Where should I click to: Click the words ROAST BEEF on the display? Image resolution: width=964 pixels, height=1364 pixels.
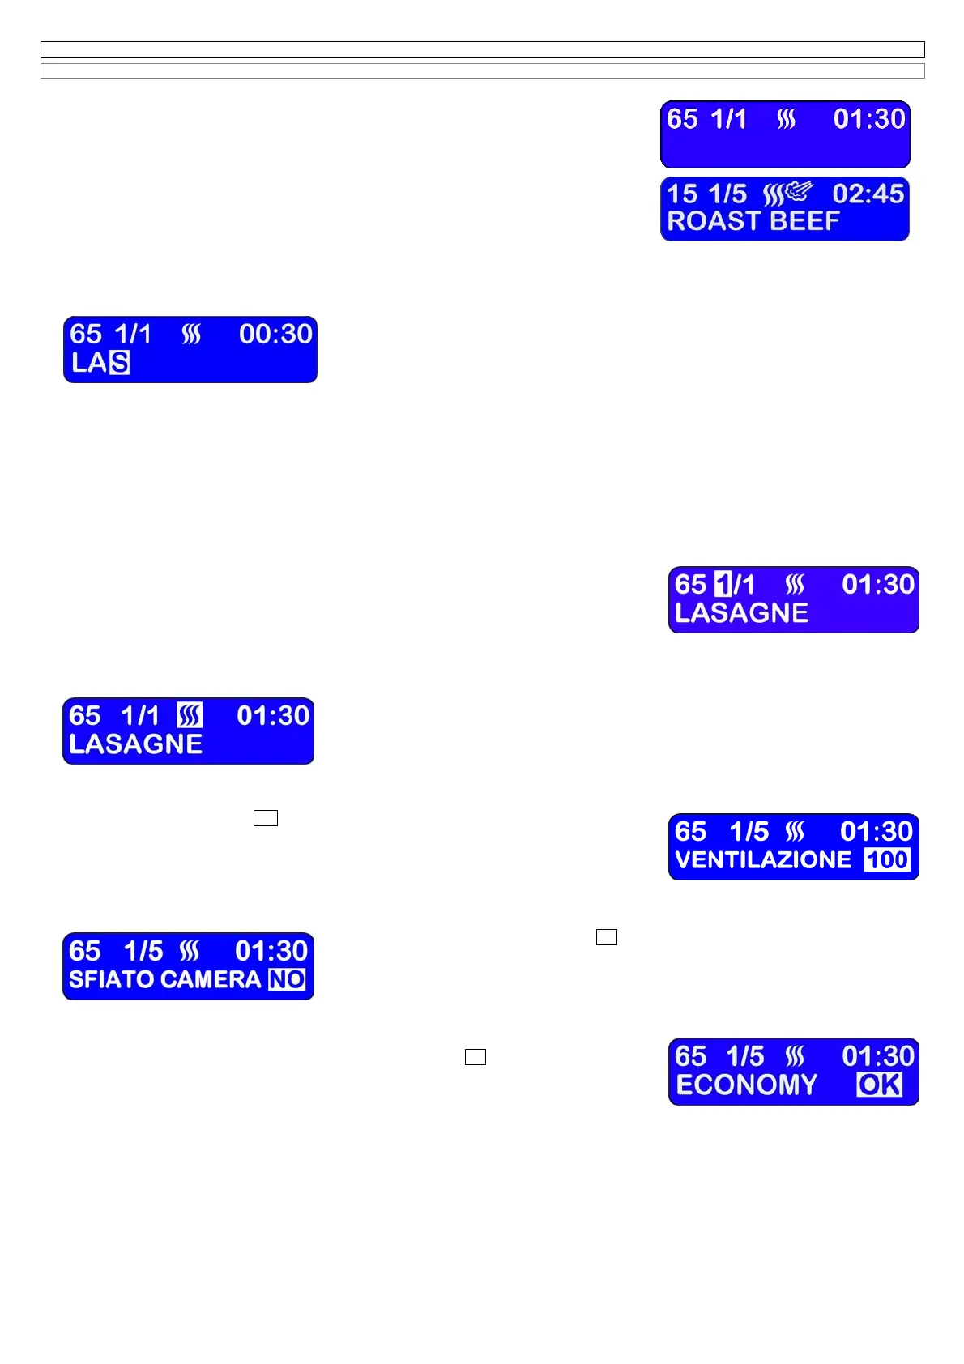click(x=753, y=221)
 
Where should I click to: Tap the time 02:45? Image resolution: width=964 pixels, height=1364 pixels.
click(x=868, y=194)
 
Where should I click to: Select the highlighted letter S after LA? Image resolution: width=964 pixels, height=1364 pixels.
click(x=120, y=362)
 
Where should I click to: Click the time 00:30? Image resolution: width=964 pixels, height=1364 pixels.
click(x=275, y=334)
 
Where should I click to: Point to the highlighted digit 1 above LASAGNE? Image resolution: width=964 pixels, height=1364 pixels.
click(x=723, y=584)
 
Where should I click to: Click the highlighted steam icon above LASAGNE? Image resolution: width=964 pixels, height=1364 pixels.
click(x=190, y=715)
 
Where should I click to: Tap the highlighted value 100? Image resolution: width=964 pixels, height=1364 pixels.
click(x=887, y=860)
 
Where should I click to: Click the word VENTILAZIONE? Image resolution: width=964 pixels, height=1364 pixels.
click(x=762, y=860)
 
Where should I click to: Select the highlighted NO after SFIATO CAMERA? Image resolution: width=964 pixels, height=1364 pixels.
click(x=287, y=980)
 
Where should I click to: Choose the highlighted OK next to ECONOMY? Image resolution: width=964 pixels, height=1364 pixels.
click(x=879, y=1085)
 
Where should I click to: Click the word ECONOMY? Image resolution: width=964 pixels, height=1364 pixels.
click(x=746, y=1085)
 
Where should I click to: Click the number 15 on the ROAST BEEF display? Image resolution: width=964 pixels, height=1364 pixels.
click(x=682, y=194)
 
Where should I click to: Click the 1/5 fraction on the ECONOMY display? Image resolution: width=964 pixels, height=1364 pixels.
click(x=744, y=1056)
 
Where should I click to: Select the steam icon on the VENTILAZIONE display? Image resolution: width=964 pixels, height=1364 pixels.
click(x=795, y=832)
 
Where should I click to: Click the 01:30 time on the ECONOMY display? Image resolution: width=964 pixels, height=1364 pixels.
click(x=878, y=1056)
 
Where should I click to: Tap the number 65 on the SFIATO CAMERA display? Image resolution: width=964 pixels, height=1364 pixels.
click(x=85, y=951)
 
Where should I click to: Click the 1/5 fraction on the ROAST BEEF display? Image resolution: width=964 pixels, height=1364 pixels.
click(x=727, y=194)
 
